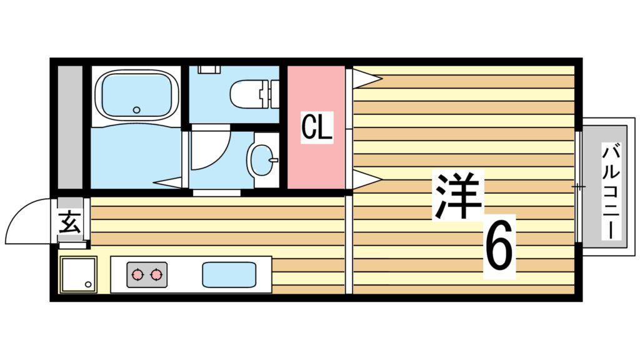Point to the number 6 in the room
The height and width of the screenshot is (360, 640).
pos(499,247)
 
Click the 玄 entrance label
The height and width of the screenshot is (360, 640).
pos(69,222)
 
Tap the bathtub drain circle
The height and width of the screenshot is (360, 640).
pos(137,110)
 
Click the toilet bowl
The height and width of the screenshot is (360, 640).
pos(246,94)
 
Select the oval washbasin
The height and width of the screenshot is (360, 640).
pos(261,159)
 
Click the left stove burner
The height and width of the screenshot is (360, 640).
pos(137,275)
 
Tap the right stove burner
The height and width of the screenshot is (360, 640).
pos(157,275)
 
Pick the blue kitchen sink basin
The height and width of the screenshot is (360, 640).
pos(229,275)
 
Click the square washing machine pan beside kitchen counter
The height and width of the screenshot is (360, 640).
pos(78,275)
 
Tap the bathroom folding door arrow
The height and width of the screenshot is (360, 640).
pos(168,182)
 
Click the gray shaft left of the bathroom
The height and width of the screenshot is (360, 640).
pos(70,127)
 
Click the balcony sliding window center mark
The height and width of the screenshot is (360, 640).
pos(578,187)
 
